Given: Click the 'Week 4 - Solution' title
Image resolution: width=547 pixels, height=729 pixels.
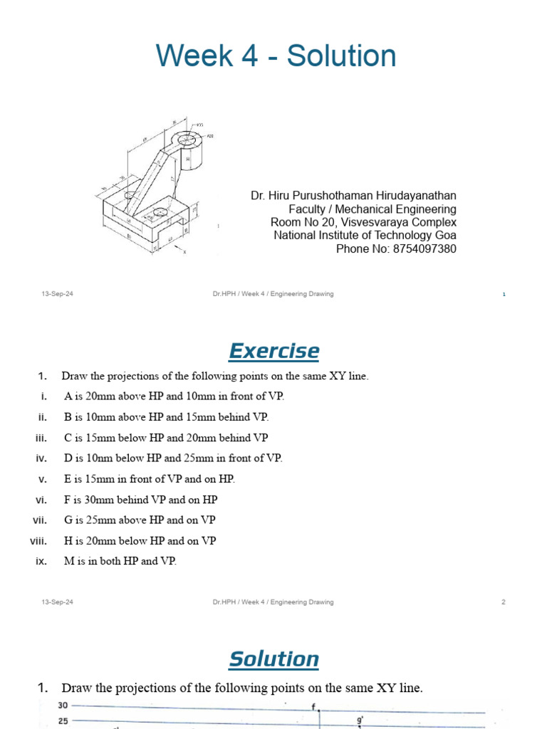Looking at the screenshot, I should click(x=276, y=56).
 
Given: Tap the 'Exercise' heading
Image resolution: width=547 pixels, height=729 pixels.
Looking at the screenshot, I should click(x=273, y=351).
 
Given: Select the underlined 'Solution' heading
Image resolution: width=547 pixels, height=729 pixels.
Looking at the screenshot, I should click(x=273, y=659).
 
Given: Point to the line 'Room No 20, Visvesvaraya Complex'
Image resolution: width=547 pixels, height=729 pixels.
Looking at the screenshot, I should click(x=359, y=222).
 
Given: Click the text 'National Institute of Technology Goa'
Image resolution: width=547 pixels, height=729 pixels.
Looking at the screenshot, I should click(x=365, y=236).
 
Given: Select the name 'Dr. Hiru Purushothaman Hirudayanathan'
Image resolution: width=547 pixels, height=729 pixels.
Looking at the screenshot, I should click(x=353, y=195).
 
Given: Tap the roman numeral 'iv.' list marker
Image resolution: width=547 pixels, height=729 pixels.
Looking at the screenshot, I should click(x=41, y=458).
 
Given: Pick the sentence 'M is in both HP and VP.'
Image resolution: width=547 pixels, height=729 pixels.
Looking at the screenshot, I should click(x=120, y=561).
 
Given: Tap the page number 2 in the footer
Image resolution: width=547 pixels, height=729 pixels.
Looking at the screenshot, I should click(x=504, y=602).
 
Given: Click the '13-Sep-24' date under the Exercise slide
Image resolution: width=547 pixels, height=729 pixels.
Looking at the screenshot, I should click(x=58, y=602).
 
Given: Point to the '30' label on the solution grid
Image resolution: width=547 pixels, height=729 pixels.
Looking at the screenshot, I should click(x=63, y=706).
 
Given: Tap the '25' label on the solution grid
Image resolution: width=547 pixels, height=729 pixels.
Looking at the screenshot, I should click(x=63, y=721).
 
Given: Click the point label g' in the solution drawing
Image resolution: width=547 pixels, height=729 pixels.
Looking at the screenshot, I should click(x=360, y=720).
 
